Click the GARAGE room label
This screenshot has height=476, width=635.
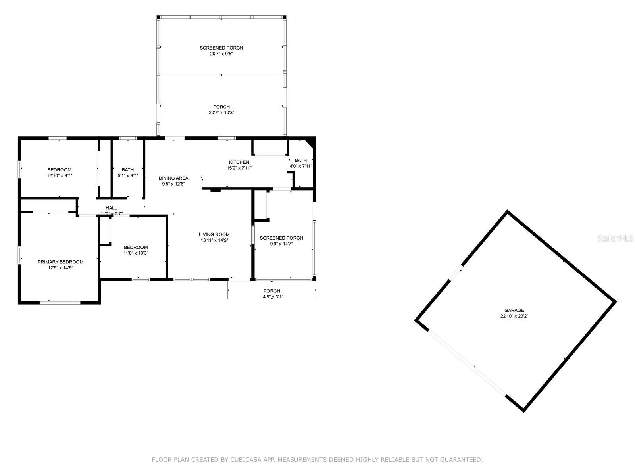coord(514,311)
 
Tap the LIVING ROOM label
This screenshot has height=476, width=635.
coord(214,234)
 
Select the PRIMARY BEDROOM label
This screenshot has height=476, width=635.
coord(60,262)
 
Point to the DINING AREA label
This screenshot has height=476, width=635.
coord(173,178)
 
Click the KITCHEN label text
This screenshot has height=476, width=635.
coord(239,162)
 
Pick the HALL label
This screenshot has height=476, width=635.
coord(112,208)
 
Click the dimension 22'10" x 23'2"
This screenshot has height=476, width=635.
coord(514,316)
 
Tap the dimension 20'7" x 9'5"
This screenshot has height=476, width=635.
coord(221,54)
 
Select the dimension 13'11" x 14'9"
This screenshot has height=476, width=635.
coord(214,240)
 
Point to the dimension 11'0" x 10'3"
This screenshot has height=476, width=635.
coord(136,253)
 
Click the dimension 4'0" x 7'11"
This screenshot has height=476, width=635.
coord(301,166)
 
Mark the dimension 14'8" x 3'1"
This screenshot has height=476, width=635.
coord(271,297)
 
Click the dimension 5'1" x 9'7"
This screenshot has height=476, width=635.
coord(127,175)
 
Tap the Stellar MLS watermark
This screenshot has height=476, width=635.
coord(615,238)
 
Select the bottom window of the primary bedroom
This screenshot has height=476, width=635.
coord(60,303)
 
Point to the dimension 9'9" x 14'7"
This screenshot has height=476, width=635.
coord(281,244)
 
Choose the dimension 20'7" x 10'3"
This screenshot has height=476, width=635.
coord(221,113)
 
